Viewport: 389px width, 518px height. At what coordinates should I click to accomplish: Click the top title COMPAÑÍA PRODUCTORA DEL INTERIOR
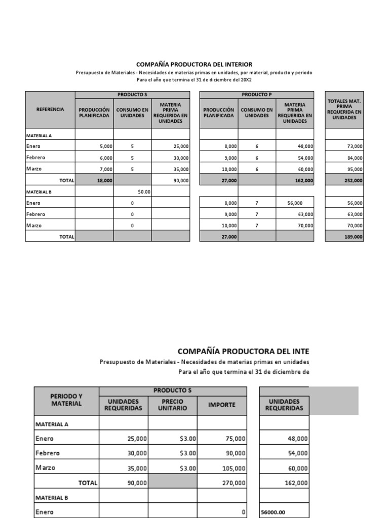click(194, 64)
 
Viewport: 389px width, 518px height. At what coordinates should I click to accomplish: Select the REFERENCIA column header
click(50, 109)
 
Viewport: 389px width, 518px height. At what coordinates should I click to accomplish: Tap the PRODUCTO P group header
click(257, 95)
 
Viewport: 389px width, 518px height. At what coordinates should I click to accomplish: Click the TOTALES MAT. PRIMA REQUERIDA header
click(344, 109)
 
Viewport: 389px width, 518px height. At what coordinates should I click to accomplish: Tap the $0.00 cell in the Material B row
click(144, 192)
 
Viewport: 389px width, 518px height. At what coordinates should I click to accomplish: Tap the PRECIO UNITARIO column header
click(172, 404)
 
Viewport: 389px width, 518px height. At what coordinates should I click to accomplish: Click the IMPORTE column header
click(222, 404)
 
